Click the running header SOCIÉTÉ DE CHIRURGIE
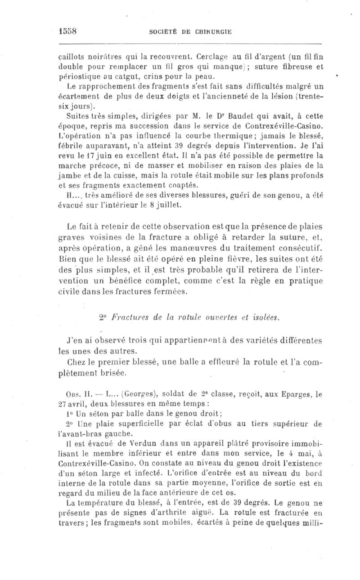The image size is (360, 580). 190,32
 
